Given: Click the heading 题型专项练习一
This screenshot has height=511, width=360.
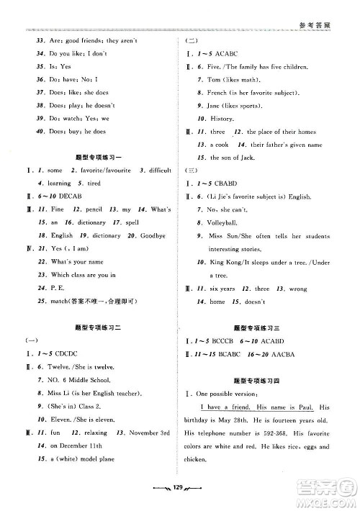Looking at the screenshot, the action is pos(99,157).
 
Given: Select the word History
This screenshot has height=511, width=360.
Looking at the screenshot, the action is pos(225,118).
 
